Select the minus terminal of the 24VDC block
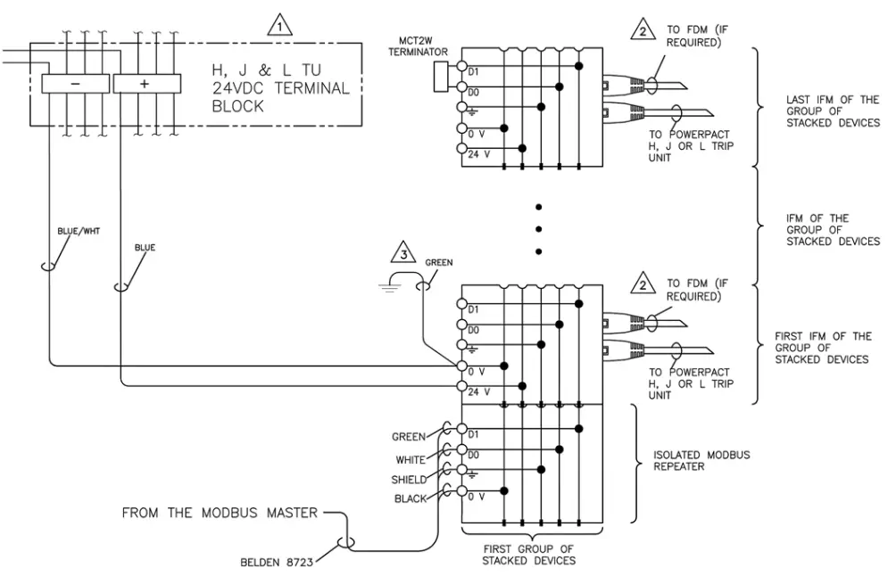(77, 83)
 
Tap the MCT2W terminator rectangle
(439, 78)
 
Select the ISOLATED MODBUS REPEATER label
(704, 461)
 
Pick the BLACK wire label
(411, 498)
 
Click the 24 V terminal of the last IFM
(462, 149)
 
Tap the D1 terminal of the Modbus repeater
(462, 430)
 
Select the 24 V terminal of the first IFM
(462, 387)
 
